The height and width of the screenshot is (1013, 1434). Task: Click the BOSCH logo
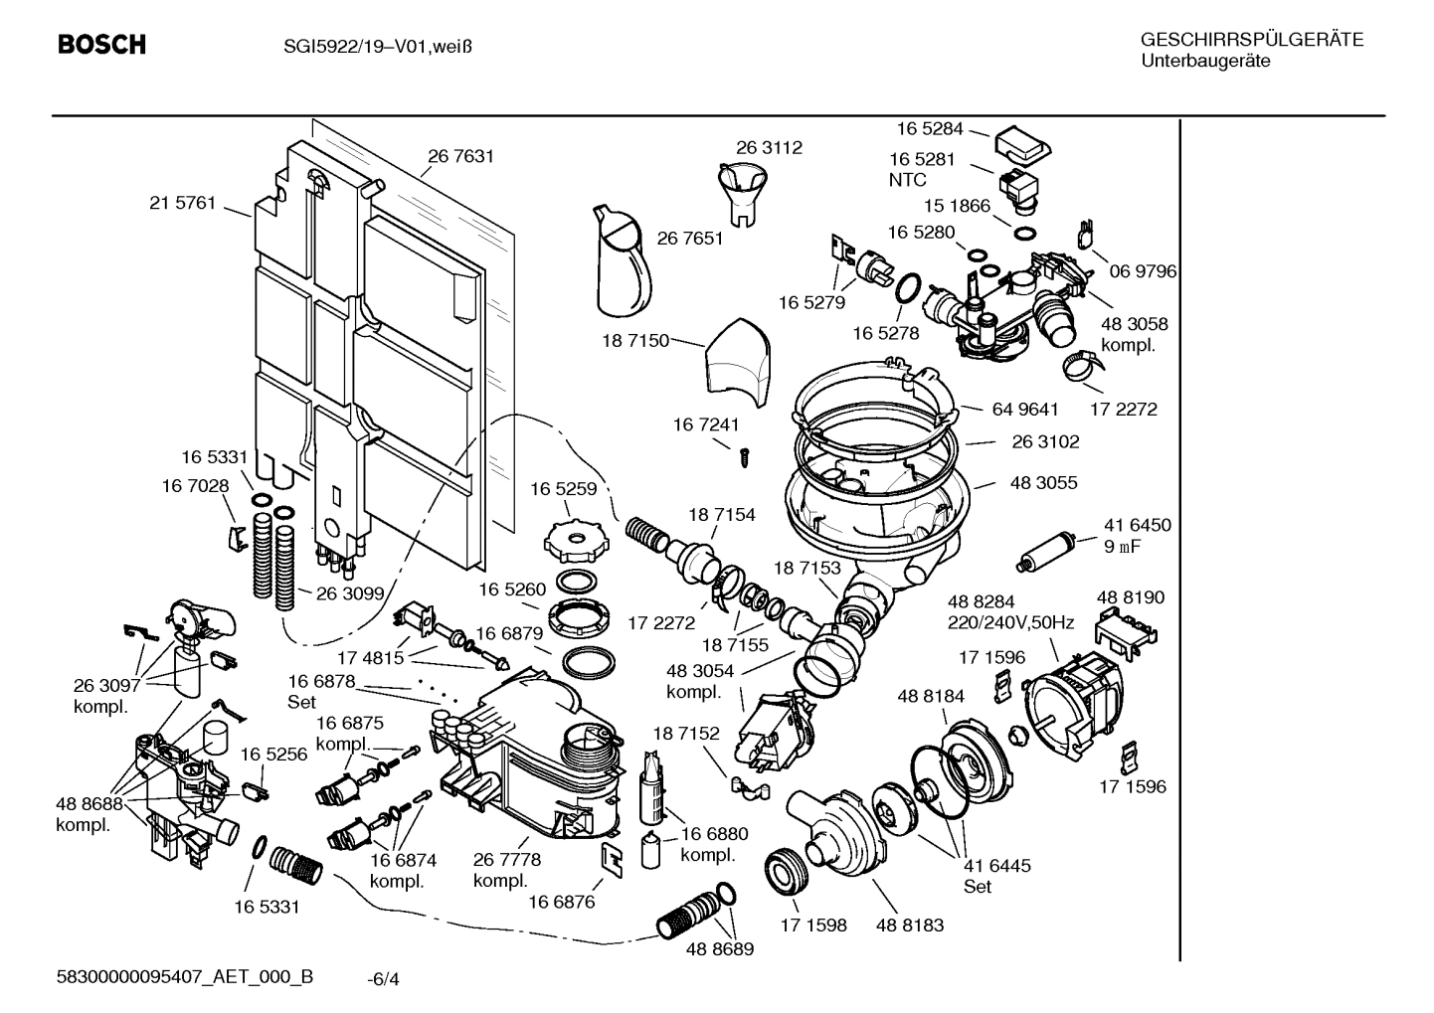pos(101,45)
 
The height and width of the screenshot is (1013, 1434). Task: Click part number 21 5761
pos(182,204)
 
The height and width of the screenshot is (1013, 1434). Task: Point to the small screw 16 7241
pos(742,456)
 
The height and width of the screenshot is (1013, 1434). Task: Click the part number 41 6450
pos(1137,525)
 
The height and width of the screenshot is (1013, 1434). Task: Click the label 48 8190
pos(1131,597)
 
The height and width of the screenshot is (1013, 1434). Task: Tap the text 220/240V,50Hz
pos(1010,623)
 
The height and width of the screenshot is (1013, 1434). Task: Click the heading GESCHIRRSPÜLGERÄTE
pos(1251,40)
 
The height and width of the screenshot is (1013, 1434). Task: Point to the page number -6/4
pos(383,979)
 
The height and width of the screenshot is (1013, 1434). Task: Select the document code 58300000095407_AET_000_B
pos(185,976)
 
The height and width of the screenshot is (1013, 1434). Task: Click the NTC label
pos(907,180)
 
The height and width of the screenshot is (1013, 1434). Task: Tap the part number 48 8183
pos(910,925)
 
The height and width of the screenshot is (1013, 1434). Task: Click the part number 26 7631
pos(460,156)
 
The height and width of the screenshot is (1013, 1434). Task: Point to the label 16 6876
pos(561,902)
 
